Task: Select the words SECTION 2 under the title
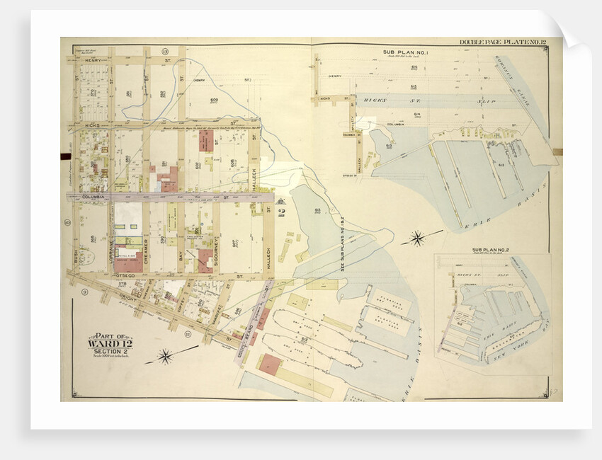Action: coord(110,352)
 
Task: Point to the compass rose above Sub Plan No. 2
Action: coord(417,238)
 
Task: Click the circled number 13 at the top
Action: coord(164,52)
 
